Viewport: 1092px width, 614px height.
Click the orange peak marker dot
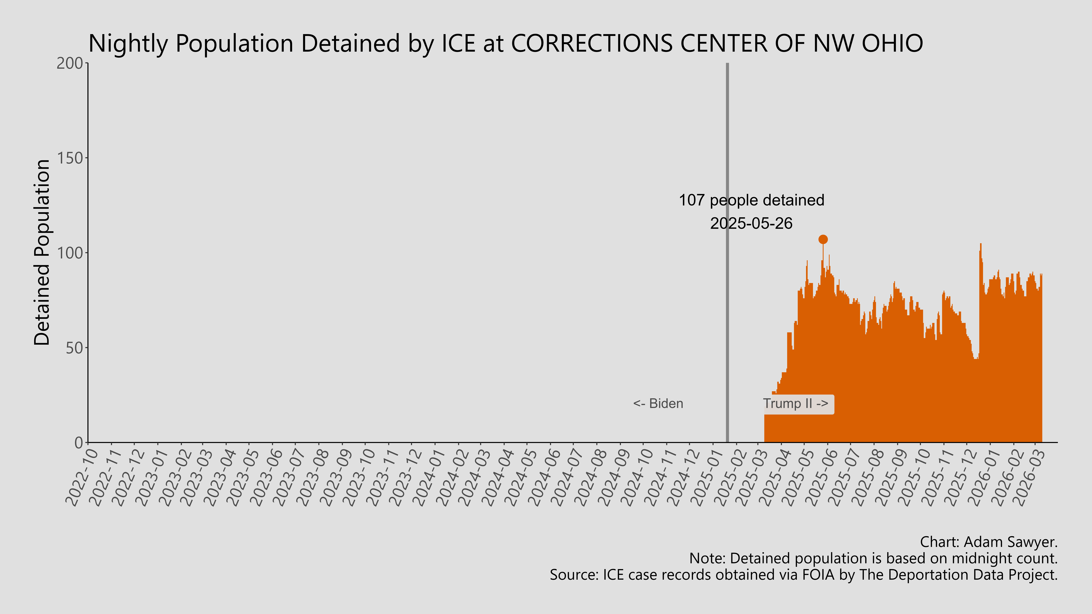tap(823, 239)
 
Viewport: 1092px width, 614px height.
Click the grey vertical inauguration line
tap(727, 297)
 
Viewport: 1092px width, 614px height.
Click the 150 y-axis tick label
tap(70, 158)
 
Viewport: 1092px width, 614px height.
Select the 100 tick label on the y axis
tap(70, 253)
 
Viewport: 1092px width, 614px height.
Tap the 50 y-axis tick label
tap(74, 348)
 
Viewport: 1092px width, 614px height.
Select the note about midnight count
tap(873, 559)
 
